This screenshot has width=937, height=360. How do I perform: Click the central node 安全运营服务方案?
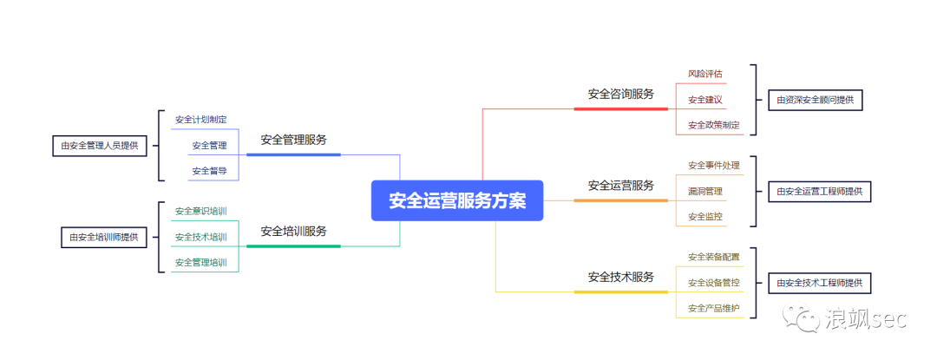pos(456,200)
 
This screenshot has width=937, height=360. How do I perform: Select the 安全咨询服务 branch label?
pos(620,94)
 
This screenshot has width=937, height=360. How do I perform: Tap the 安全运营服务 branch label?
pos(620,186)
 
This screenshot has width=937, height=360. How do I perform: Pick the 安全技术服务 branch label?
pos(620,278)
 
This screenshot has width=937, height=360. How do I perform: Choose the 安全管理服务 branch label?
pos(293,140)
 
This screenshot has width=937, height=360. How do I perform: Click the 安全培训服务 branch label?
pos(293,232)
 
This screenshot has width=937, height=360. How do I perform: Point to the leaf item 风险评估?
pos(704,74)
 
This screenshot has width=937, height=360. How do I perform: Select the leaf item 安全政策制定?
pos(713,125)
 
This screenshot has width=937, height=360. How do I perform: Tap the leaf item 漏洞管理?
pos(704,191)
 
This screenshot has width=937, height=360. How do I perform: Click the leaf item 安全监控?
pos(704,217)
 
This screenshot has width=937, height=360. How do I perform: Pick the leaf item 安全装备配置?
pos(713,257)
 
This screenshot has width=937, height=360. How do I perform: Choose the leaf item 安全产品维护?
pos(713,308)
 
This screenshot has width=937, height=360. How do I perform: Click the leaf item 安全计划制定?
pos(200,120)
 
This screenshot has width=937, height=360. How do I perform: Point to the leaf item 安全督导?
pos(209,171)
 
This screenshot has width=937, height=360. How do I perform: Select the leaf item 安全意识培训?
pos(200,211)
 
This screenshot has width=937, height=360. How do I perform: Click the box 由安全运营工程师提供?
pos(819,192)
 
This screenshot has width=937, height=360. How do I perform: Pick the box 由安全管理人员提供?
pos(100,146)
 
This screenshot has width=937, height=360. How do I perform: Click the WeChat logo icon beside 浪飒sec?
pos(802,318)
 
